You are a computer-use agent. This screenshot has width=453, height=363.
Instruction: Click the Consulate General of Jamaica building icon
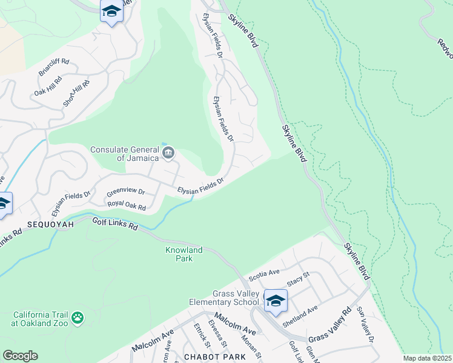(x=168, y=151)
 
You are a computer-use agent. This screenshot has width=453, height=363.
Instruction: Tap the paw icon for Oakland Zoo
(x=78, y=318)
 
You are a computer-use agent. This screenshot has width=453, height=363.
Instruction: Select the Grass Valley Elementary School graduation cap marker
(x=276, y=301)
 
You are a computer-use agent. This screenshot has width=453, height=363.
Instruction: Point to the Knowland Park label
(x=179, y=254)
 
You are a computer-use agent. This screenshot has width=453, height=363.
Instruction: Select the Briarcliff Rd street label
(x=55, y=68)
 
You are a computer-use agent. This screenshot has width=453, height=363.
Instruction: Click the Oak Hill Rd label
(x=48, y=86)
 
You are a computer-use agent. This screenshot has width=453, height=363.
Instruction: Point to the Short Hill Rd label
(x=76, y=94)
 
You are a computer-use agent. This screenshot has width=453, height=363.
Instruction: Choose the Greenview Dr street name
(x=125, y=192)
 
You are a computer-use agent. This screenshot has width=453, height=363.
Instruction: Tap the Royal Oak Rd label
(x=127, y=206)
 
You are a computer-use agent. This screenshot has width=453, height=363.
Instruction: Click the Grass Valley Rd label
(x=329, y=325)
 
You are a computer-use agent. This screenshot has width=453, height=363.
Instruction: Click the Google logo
(x=20, y=356)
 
